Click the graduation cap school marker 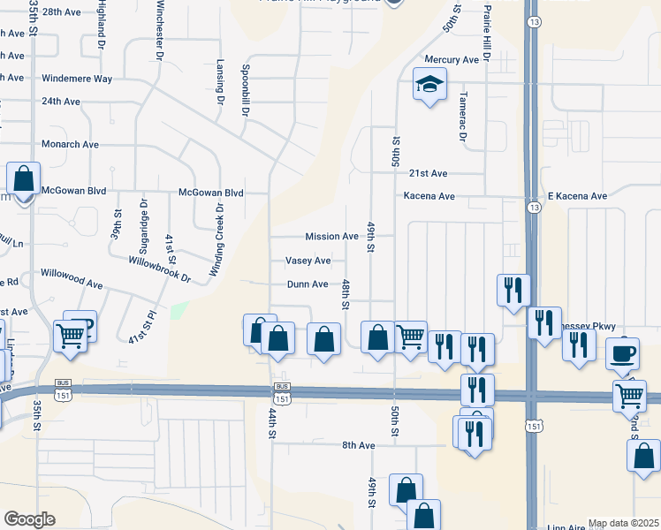click(429, 86)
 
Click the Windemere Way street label click(77, 79)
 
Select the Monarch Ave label click(70, 144)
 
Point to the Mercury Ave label click(451, 59)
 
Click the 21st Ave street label click(428, 173)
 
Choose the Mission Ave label click(331, 237)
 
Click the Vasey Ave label click(308, 261)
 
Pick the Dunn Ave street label click(307, 284)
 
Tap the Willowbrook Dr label click(160, 269)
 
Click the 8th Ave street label click(360, 445)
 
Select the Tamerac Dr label click(462, 117)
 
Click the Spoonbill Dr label click(242, 87)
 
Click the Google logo click(29, 519)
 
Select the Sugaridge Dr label click(143, 223)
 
